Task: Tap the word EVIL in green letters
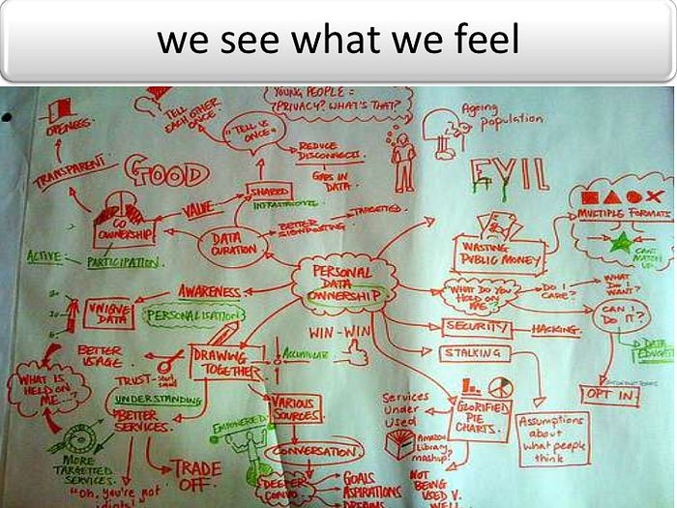click(509, 176)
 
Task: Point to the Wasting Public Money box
click(496, 254)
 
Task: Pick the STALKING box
click(475, 354)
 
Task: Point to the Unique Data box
click(110, 314)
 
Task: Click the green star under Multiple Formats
click(620, 240)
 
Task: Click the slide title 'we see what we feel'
click(338, 41)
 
